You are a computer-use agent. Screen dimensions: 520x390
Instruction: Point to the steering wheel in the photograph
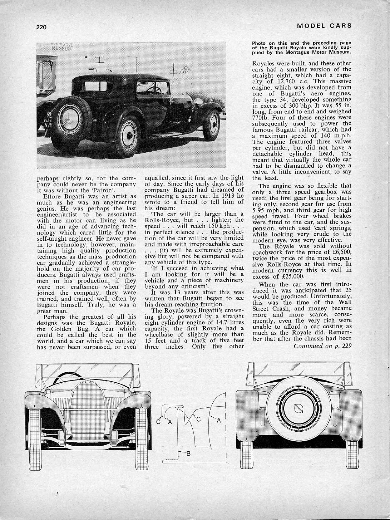(154, 89)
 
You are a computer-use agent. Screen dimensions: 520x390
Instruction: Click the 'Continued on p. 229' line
(322, 345)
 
